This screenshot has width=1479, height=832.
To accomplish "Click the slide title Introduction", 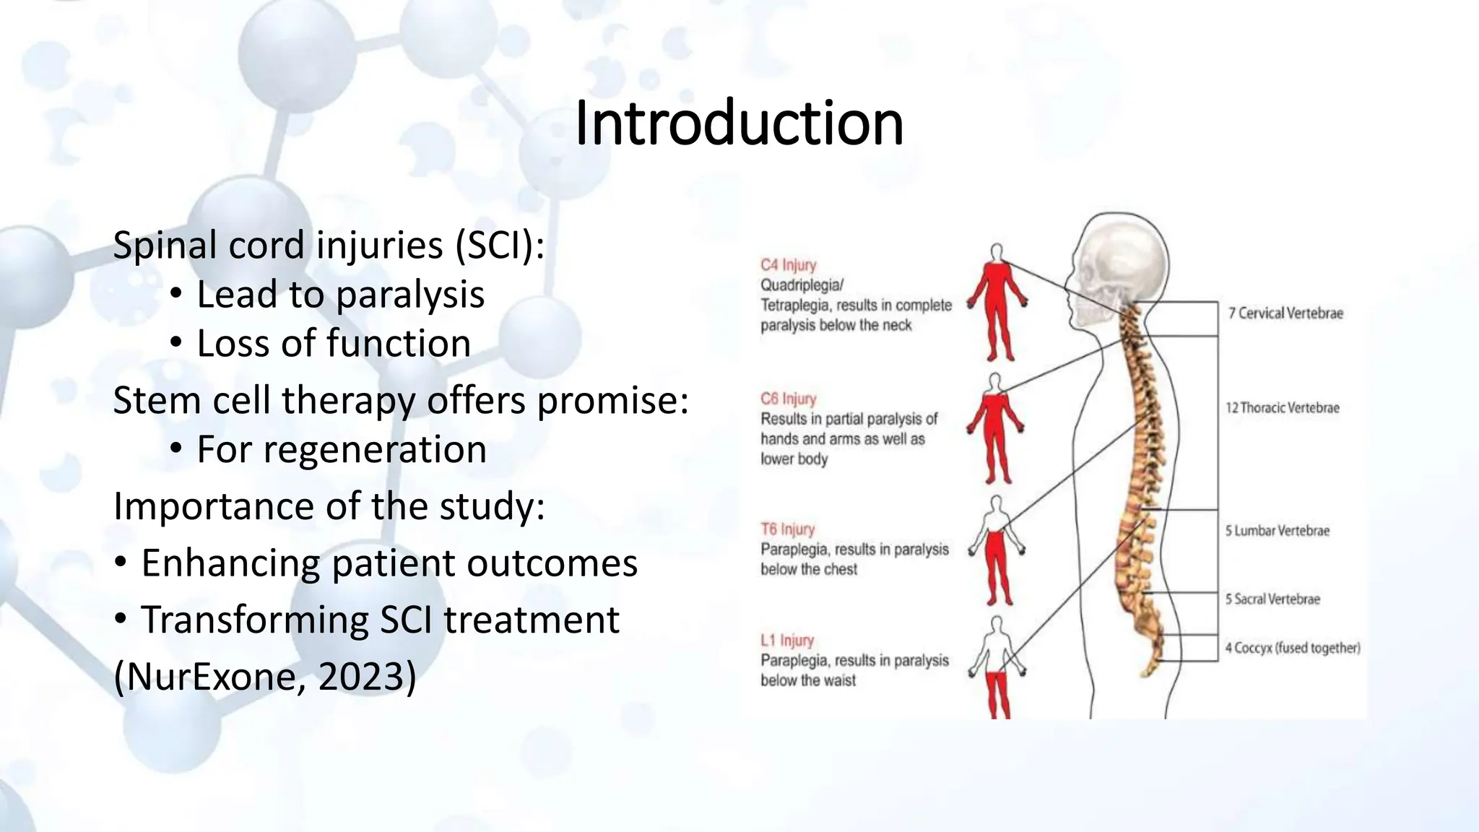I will click(739, 123).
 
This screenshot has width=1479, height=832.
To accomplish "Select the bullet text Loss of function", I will click(334, 343).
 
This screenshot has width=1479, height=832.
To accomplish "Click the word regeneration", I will click(375, 450).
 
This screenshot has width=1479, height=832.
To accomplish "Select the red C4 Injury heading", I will click(788, 265).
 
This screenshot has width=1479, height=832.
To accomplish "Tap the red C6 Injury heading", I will click(788, 399).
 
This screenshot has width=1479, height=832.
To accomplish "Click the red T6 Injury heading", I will click(787, 529).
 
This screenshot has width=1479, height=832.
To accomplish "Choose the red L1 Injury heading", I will click(786, 641).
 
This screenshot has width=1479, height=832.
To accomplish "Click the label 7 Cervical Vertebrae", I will click(1285, 313).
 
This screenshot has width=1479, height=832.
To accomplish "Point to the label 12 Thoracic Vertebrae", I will click(1282, 408).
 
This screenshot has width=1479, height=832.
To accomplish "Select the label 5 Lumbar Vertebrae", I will click(1277, 531).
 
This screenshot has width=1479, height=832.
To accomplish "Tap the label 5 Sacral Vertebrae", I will click(1272, 599).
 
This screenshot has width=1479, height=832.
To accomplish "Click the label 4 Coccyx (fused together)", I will click(1292, 648).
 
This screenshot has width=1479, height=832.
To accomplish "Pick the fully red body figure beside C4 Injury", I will click(997, 303).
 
